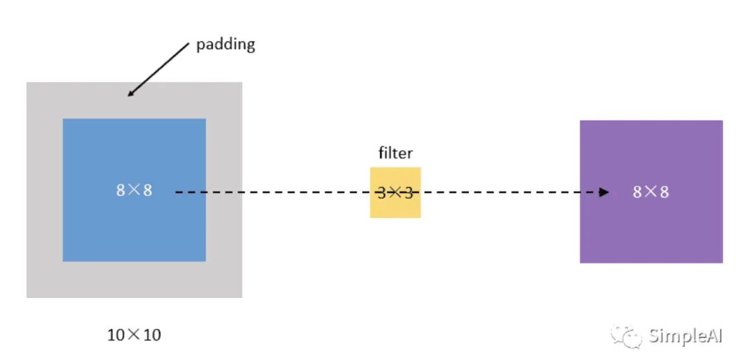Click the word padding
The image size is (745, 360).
[x=225, y=45]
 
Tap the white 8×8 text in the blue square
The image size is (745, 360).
[x=134, y=190]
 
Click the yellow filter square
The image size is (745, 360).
[x=395, y=207]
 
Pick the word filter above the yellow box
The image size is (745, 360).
[x=395, y=152]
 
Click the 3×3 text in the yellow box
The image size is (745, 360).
[x=395, y=192]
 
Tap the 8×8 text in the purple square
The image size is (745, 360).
[x=650, y=192]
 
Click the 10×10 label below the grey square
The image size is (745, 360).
[x=134, y=335]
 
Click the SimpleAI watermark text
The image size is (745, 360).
[x=684, y=336]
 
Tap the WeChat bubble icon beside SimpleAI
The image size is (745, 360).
[x=624, y=336]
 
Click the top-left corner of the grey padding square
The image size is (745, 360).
[x=28, y=83]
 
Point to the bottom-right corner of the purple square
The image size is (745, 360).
[x=722, y=262]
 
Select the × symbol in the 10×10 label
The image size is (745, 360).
[x=134, y=335]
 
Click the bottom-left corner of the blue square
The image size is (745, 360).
[x=63, y=261]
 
